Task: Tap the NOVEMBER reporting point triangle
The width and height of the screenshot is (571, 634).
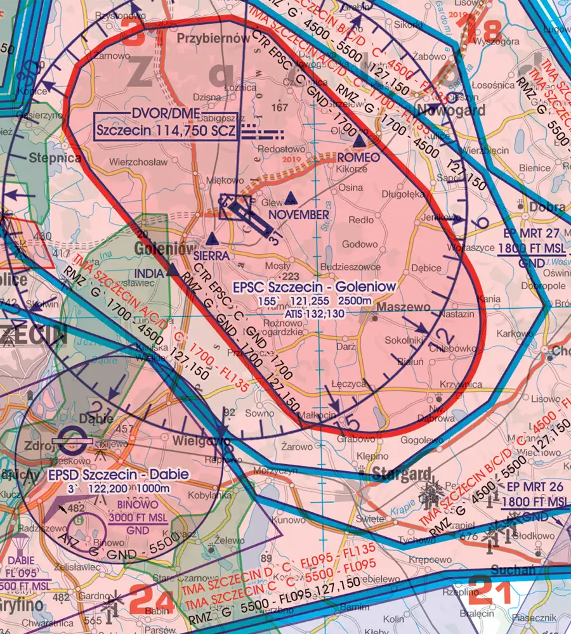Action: coord(291,198)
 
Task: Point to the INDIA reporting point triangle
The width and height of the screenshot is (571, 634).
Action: coord(173,269)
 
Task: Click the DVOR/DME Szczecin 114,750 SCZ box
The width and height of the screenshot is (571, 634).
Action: coord(166,125)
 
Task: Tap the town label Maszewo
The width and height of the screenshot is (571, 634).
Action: coord(404,307)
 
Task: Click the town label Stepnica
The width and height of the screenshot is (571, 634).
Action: coord(54,157)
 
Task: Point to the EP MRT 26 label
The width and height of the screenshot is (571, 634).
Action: coord(533,495)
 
